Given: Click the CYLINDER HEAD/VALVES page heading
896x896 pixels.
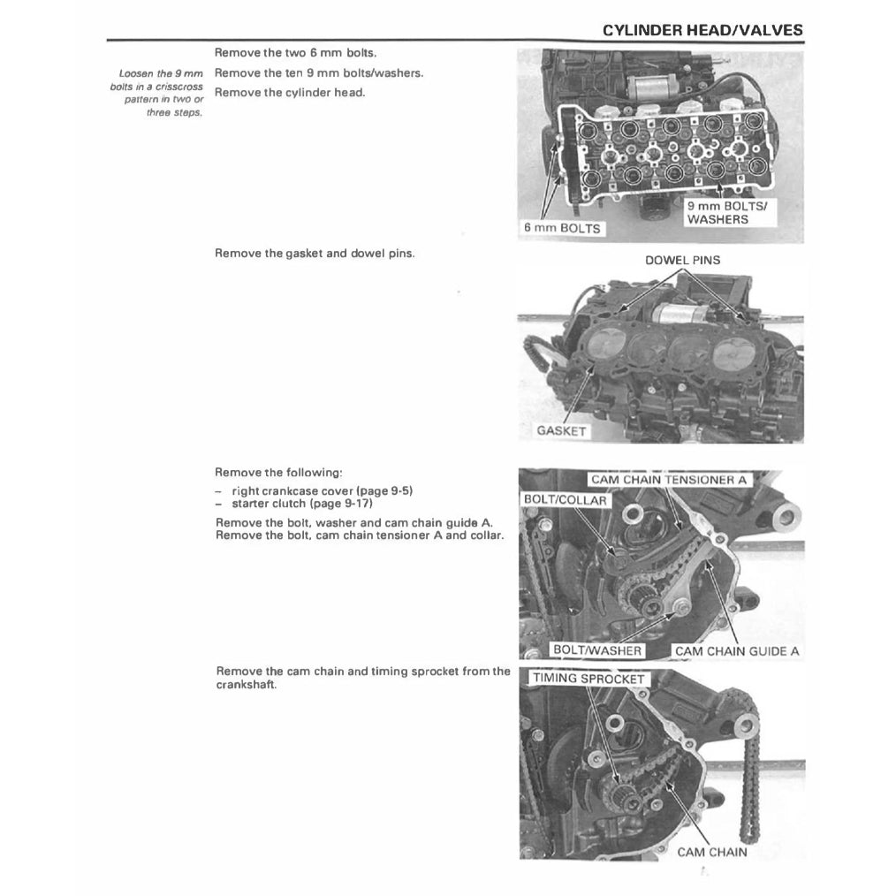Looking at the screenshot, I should [702, 30].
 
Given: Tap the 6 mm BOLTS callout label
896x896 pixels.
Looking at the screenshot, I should [561, 228].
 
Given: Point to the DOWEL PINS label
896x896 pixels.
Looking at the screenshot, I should [682, 260].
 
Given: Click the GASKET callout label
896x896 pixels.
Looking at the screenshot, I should [560, 431].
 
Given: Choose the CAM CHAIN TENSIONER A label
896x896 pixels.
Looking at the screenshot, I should [670, 480].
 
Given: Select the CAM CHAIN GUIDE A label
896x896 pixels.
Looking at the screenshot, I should [736, 651].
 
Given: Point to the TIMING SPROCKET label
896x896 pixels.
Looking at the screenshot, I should [588, 679].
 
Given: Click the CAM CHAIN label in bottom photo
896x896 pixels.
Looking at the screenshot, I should [711, 852].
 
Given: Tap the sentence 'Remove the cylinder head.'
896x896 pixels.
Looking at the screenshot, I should [290, 93].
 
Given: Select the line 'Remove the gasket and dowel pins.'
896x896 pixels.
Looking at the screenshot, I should [315, 254].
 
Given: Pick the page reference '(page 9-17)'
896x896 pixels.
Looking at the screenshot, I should [340, 504].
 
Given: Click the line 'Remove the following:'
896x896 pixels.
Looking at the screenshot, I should [272, 473].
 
